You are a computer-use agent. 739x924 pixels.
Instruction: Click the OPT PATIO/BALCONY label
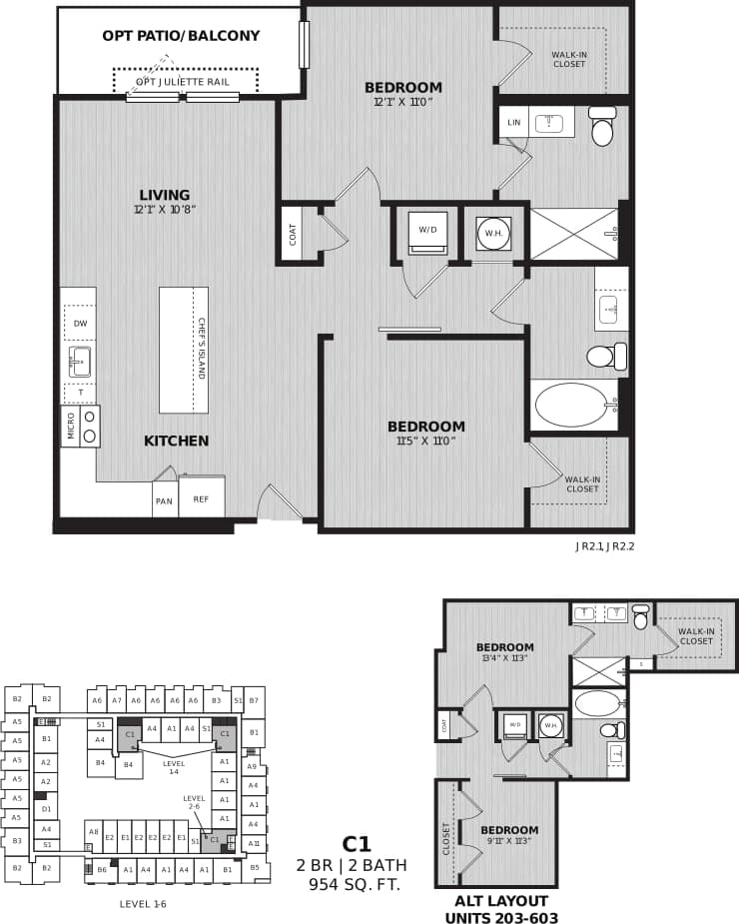click(x=181, y=36)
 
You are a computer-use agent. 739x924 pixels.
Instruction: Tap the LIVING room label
click(x=165, y=195)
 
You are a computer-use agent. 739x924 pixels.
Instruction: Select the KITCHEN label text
click(x=176, y=441)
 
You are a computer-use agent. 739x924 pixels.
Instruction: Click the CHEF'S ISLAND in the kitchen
click(x=184, y=350)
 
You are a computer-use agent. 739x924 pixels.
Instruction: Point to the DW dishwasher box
click(x=79, y=323)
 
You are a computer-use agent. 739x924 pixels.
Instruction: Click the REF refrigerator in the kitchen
click(x=201, y=498)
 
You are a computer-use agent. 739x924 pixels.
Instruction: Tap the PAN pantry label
click(x=164, y=499)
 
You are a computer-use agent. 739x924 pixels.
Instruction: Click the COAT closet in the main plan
click(x=293, y=234)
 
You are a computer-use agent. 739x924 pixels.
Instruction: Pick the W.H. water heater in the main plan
click(x=493, y=234)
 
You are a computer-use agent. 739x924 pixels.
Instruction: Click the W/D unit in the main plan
click(x=427, y=231)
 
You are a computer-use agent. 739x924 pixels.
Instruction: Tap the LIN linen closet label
click(x=514, y=123)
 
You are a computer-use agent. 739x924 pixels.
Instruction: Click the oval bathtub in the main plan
click(x=570, y=405)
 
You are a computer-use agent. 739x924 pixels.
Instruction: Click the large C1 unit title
click(x=356, y=844)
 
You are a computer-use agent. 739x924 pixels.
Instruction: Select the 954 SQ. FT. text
click(x=356, y=884)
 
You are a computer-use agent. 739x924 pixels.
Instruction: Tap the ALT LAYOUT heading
click(x=502, y=900)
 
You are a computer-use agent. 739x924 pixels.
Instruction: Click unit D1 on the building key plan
click(x=45, y=809)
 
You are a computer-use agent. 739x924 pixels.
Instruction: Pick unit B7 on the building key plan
click(x=255, y=701)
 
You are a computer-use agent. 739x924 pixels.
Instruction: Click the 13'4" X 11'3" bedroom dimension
click(x=504, y=658)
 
